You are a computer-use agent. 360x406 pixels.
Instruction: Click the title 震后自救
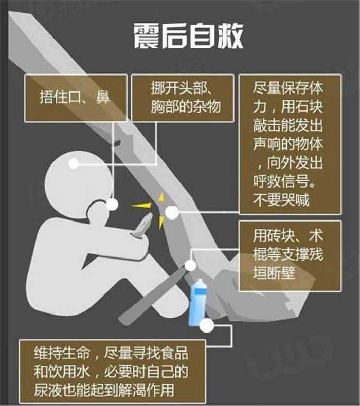click(x=188, y=36)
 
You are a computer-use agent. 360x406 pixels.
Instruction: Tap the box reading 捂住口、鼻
click(x=76, y=98)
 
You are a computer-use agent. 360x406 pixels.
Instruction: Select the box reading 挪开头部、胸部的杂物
click(x=183, y=98)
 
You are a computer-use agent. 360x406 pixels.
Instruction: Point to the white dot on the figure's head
click(x=74, y=163)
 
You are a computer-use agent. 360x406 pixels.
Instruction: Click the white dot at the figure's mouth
click(x=112, y=205)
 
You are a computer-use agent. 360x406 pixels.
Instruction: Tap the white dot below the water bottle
click(x=207, y=325)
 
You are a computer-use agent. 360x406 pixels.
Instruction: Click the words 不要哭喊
click(x=281, y=200)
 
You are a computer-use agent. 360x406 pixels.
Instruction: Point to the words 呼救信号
click(x=281, y=181)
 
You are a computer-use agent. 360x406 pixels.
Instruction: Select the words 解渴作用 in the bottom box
click(x=146, y=390)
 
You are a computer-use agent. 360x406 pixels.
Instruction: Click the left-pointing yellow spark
click(x=141, y=206)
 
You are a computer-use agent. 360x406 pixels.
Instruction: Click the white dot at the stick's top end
click(x=190, y=265)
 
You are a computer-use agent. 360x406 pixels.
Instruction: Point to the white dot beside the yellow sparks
click(x=172, y=213)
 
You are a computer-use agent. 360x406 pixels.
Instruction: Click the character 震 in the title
click(x=147, y=36)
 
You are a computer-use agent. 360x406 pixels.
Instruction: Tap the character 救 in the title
click(x=230, y=36)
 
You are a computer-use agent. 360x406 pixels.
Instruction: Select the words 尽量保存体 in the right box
click(x=288, y=88)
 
